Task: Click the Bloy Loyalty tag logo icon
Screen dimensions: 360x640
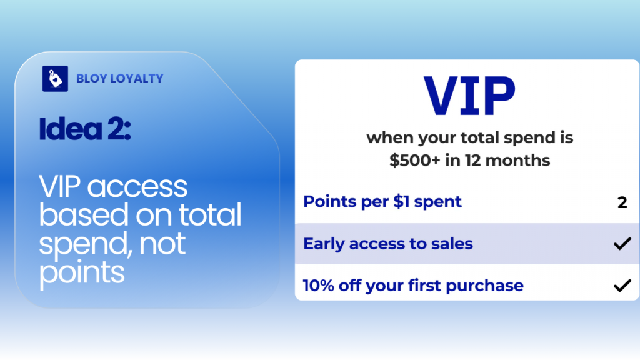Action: click(55, 79)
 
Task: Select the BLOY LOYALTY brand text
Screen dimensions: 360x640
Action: click(119, 79)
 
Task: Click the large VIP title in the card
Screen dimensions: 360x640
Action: click(469, 97)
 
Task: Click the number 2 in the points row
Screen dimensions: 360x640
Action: click(622, 202)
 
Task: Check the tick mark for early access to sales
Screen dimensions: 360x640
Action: click(622, 244)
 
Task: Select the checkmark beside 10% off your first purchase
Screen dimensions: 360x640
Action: click(622, 286)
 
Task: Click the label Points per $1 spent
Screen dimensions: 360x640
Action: click(382, 202)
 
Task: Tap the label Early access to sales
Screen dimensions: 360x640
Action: click(387, 244)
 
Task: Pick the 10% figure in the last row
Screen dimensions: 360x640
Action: click(318, 286)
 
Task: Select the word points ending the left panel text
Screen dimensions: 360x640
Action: click(82, 272)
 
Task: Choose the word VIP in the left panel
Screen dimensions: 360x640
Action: click(61, 187)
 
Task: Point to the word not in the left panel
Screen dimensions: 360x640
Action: click(163, 244)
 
